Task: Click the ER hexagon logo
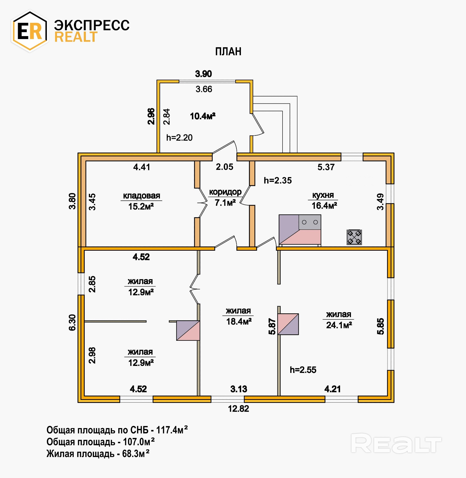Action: [30, 31]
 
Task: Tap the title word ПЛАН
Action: [228, 52]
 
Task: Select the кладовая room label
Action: [142, 196]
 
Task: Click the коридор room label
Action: [225, 192]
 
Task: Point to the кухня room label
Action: [323, 195]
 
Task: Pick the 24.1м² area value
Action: [339, 325]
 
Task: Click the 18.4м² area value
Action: [239, 322]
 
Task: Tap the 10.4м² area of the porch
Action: [203, 116]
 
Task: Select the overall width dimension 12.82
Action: [238, 409]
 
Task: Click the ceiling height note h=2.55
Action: [303, 370]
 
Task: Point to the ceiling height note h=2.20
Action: [179, 138]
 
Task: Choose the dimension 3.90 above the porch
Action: [203, 74]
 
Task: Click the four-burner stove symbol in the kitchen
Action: [354, 237]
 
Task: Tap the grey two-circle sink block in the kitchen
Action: [310, 222]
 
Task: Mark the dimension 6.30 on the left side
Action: [72, 322]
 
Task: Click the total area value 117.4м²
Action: [172, 430]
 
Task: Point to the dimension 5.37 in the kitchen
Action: [326, 167]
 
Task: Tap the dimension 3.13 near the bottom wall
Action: [239, 389]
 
